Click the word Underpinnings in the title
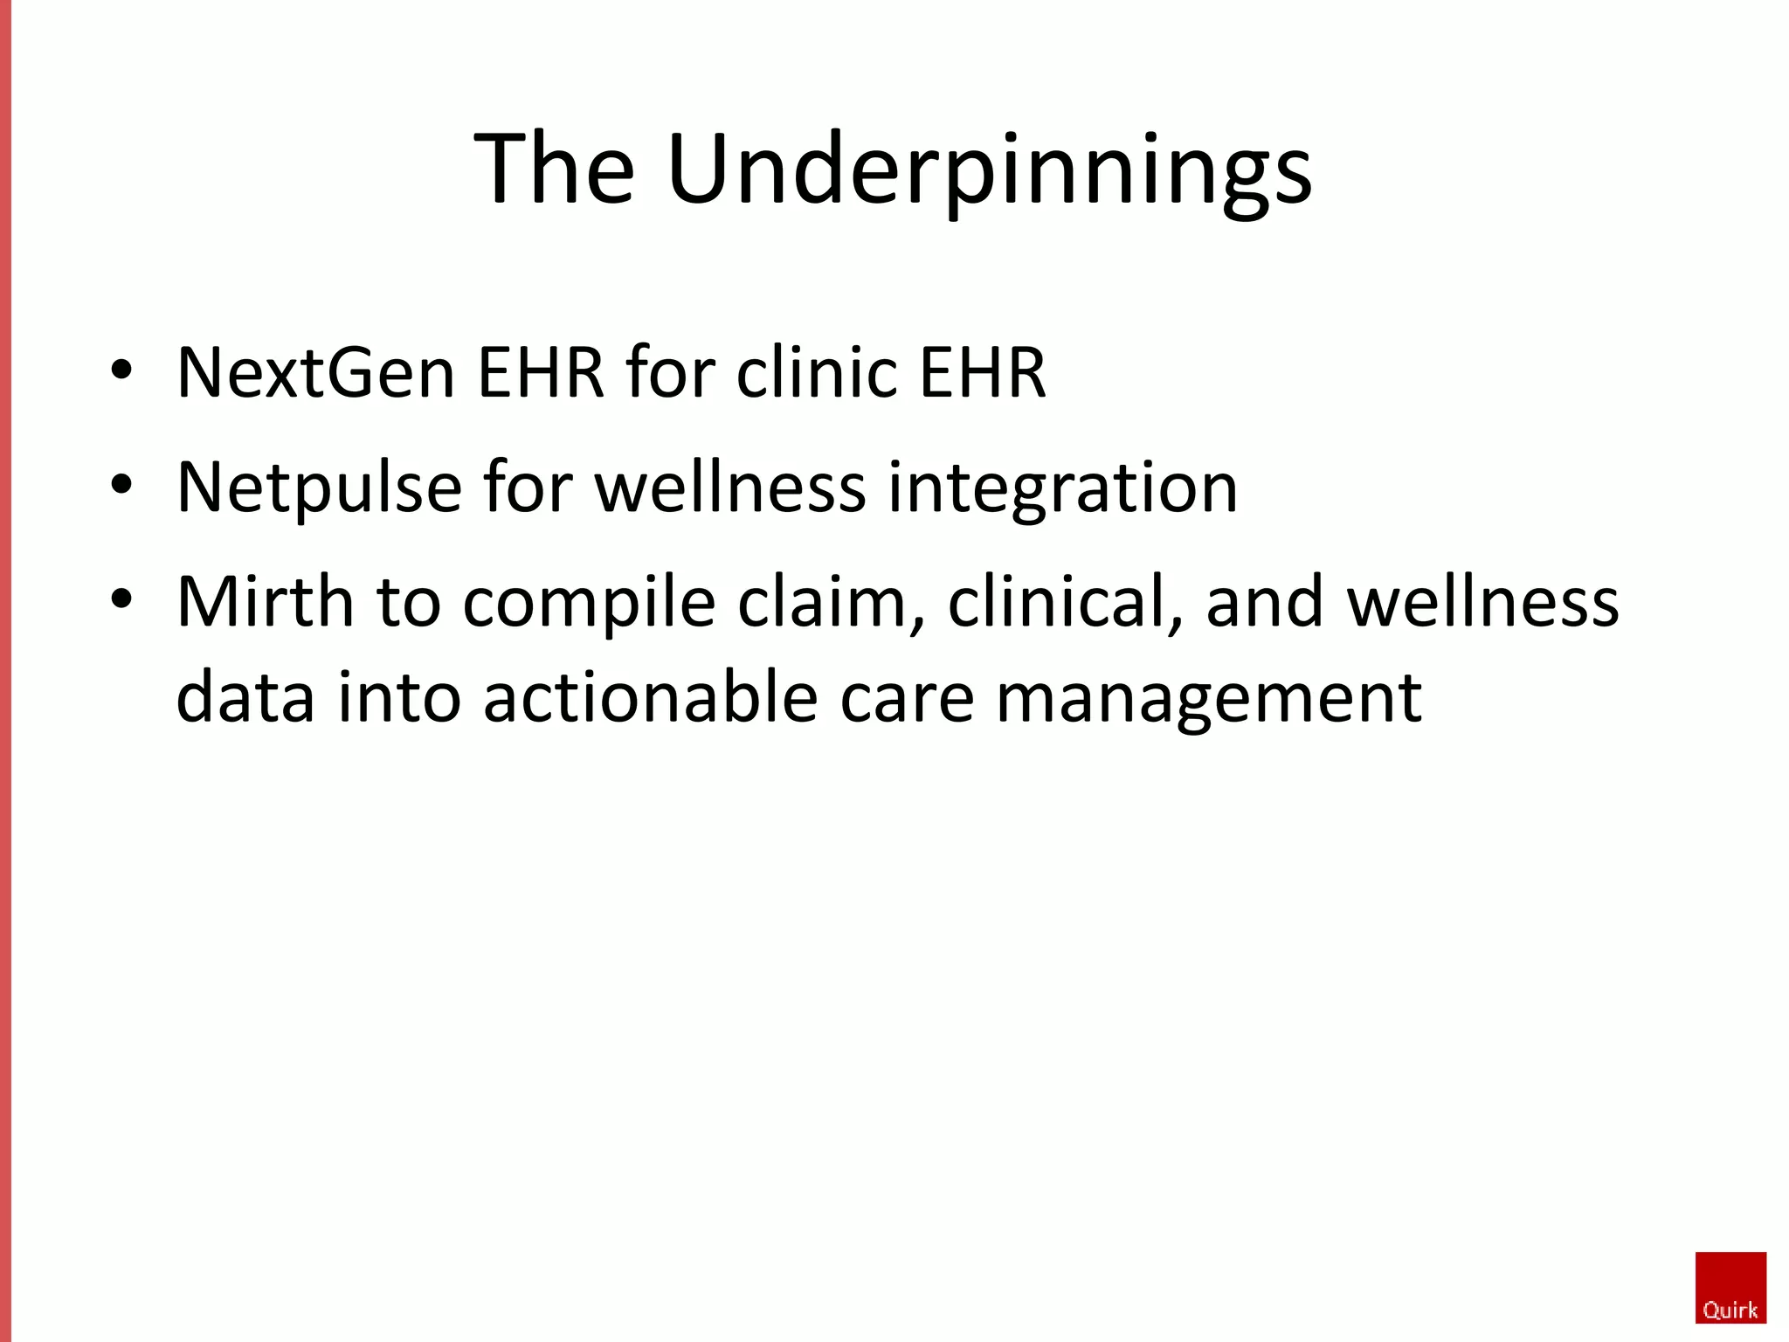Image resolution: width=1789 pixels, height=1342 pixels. (x=989, y=170)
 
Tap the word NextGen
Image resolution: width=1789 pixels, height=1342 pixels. (x=315, y=373)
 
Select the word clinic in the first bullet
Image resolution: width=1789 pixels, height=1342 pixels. (x=818, y=373)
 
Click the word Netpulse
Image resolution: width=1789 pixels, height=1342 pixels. (x=319, y=488)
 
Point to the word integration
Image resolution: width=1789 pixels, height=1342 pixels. (x=1063, y=488)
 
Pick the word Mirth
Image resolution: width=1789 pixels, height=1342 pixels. (x=265, y=602)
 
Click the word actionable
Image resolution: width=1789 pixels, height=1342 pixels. (x=650, y=698)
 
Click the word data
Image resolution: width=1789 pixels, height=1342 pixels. (x=245, y=698)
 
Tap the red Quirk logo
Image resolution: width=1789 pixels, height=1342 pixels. (x=1730, y=1288)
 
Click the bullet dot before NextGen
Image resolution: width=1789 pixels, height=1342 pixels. (x=121, y=370)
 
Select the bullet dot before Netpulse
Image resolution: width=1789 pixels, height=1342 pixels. (x=121, y=484)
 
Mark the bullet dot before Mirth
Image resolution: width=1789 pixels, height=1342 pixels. (x=121, y=599)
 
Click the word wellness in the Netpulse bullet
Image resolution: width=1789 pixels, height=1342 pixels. (x=730, y=488)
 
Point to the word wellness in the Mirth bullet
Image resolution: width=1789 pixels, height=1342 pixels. (x=1482, y=602)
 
